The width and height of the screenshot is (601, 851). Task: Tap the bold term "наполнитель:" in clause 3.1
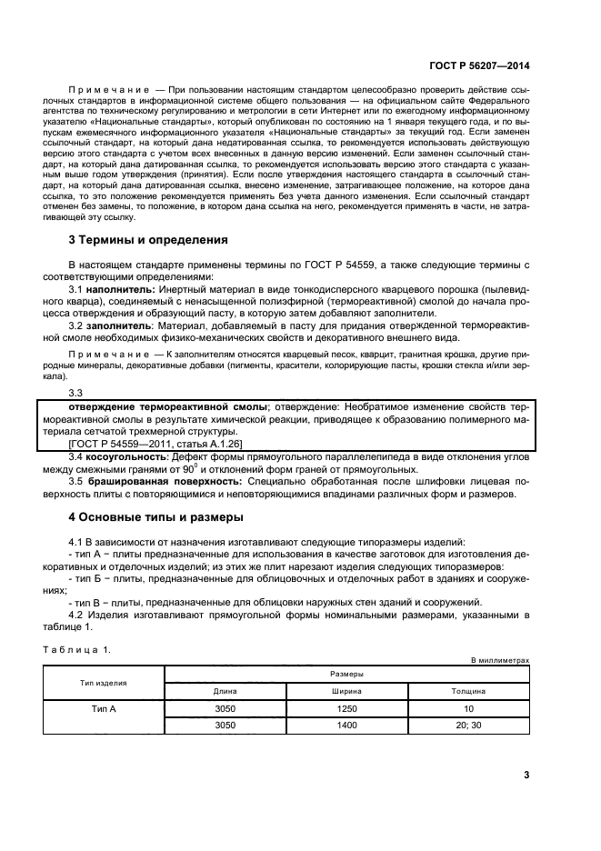click(x=119, y=287)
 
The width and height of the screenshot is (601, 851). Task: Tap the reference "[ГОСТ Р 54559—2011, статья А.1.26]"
click(x=144, y=443)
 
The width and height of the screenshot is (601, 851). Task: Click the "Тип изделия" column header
click(x=103, y=682)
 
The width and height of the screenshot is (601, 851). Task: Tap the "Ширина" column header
click(x=346, y=691)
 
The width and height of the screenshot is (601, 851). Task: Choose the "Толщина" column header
click(x=468, y=691)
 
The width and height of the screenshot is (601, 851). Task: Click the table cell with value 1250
click(x=346, y=707)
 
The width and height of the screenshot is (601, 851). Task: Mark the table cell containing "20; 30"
click(x=468, y=725)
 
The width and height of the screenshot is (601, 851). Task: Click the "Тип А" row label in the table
click(x=103, y=707)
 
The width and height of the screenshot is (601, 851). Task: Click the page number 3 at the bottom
click(x=526, y=776)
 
